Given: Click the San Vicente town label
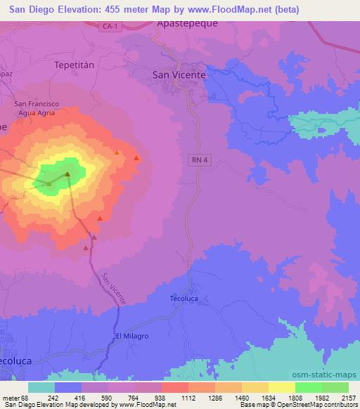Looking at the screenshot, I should click(x=179, y=74).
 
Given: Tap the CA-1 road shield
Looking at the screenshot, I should click(x=108, y=26).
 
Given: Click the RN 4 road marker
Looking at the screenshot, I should click(x=200, y=160).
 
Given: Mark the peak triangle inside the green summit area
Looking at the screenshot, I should click(x=67, y=174).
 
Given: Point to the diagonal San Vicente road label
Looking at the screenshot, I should click(x=114, y=288).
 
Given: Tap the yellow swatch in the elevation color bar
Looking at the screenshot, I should click(x=282, y=387).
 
